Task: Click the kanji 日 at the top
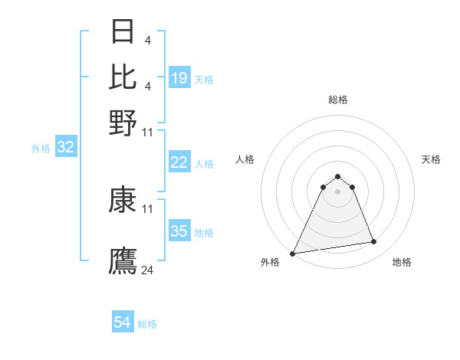[x=123, y=31]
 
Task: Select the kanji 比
[x=123, y=77]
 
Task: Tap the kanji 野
[x=123, y=123]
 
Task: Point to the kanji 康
[x=123, y=200]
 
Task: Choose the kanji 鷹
[x=123, y=260]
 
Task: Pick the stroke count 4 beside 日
[x=148, y=39]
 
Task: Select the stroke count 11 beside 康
[x=148, y=208]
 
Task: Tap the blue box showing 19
[x=179, y=78]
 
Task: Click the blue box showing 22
[x=179, y=162]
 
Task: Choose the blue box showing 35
[x=179, y=231]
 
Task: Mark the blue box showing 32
[x=65, y=148]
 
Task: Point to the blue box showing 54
[x=123, y=322]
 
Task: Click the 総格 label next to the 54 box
[x=147, y=324]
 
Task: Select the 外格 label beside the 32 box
[x=41, y=149]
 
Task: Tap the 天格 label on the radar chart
[x=431, y=159]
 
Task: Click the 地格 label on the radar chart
[x=402, y=262]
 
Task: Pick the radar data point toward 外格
[x=293, y=253]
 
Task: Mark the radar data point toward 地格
[x=373, y=242]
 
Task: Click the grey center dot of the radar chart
[x=337, y=191]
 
